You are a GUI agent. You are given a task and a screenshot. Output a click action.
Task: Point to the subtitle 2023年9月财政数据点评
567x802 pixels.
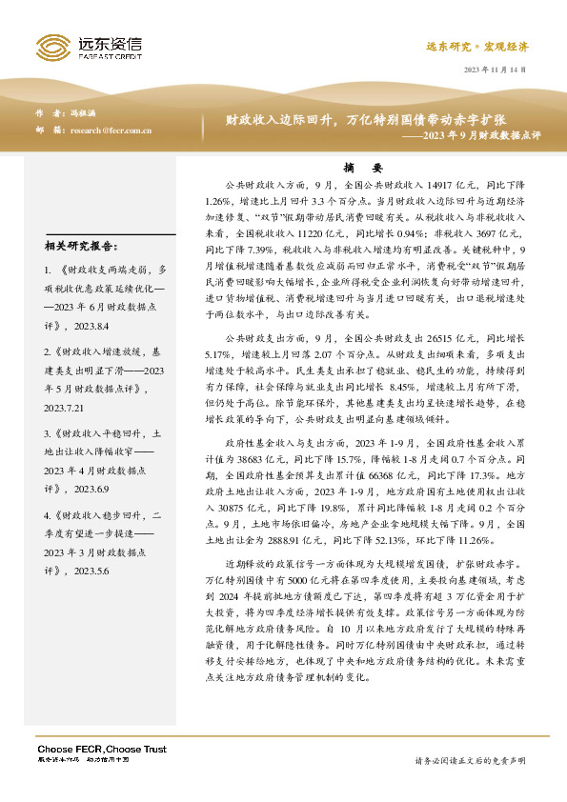(471, 136)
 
